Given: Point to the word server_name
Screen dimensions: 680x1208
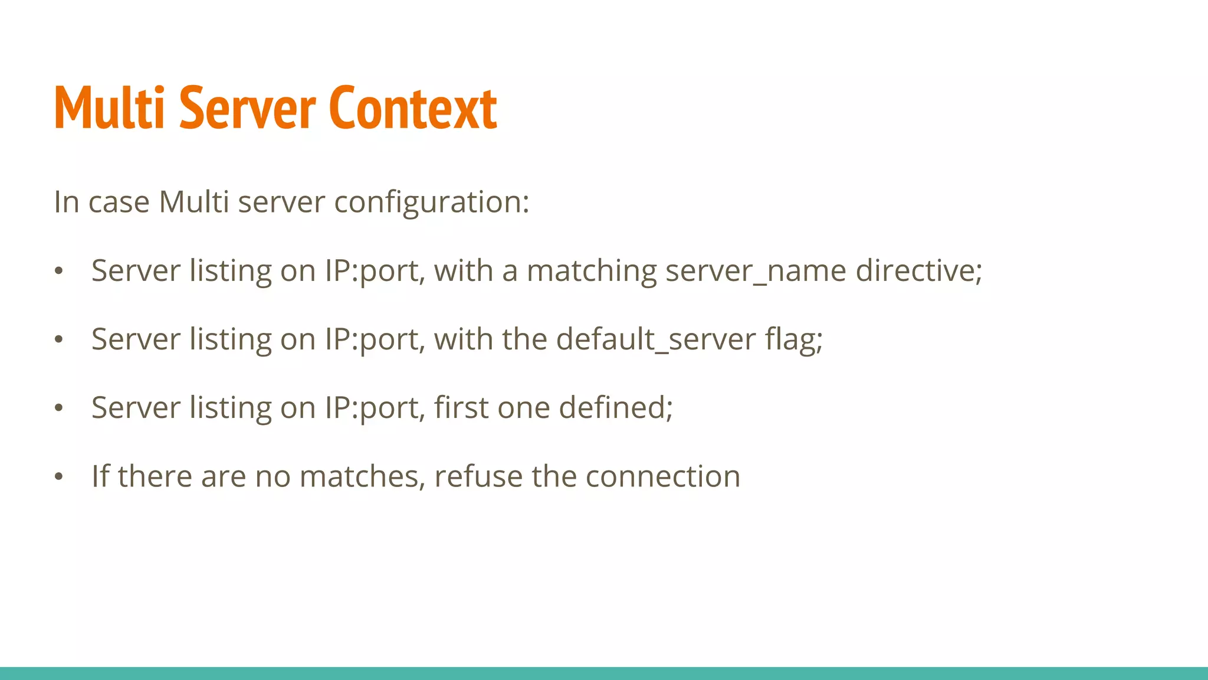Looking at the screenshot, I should [x=756, y=271].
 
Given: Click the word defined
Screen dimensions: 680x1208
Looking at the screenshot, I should [x=615, y=408].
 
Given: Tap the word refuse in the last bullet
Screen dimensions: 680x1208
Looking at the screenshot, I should [x=478, y=476].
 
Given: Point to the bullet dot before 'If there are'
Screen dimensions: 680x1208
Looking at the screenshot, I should [x=58, y=477].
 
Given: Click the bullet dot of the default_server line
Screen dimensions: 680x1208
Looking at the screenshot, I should [x=58, y=340].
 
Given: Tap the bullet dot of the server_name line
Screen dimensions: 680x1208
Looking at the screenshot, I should [x=58, y=272].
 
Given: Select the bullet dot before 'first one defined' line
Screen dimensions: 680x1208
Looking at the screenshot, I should [x=58, y=408].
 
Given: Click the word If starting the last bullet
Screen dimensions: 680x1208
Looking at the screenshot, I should [x=100, y=476].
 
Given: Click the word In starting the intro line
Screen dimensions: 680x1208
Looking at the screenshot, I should [x=66, y=202].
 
